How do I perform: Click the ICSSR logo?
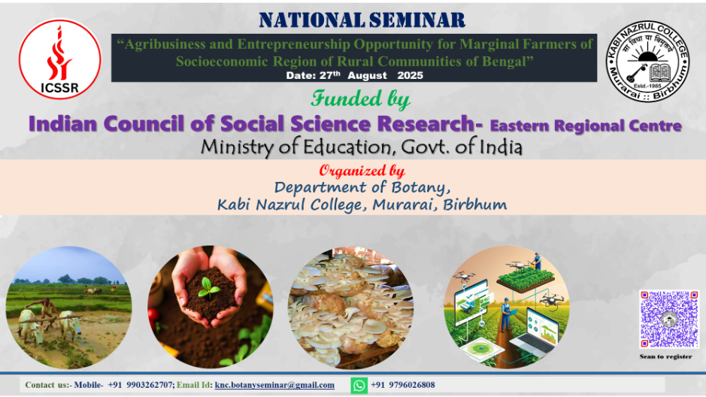pos(60,59)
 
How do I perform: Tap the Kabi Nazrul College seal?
pos(647,61)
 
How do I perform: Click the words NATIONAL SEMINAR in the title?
pos(362,20)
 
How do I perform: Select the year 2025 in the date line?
pos(410,76)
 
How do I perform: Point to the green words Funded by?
pos(360,98)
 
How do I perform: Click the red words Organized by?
pos(362,171)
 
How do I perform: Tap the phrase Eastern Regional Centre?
pos(586,126)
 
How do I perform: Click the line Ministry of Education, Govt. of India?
pos(362,147)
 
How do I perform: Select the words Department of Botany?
pos(362,187)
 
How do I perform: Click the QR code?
pos(669,319)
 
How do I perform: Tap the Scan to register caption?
pos(665,356)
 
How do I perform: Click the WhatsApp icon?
pos(359,385)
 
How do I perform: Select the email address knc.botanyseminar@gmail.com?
pos(274,385)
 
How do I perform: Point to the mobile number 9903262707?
pos(150,385)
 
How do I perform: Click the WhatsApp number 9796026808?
pos(411,385)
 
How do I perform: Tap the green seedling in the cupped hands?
pos(208,288)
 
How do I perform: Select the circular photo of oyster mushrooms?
pos(351,308)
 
